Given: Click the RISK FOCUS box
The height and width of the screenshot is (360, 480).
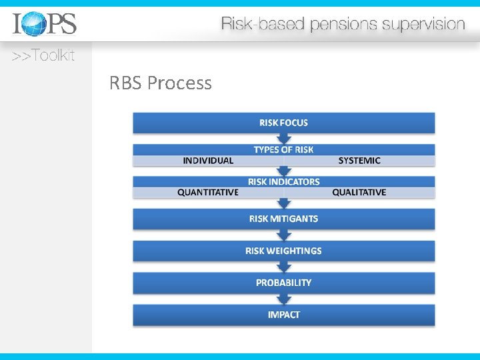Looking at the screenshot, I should click(x=284, y=123).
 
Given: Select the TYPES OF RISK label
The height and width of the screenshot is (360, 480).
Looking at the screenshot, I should click(x=284, y=150).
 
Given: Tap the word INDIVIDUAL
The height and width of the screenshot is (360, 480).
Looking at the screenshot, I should click(x=208, y=161).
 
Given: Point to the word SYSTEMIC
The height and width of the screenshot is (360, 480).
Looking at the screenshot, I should click(x=359, y=161).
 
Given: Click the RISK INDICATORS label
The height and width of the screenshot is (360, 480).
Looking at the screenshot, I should click(x=284, y=181).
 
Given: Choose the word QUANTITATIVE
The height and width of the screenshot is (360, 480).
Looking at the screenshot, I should click(x=208, y=193).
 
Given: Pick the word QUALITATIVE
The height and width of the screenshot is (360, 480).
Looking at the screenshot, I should click(x=359, y=193).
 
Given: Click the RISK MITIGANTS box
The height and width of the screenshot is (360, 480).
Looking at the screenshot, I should click(x=284, y=219).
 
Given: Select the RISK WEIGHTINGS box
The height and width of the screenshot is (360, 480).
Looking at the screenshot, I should click(x=284, y=251).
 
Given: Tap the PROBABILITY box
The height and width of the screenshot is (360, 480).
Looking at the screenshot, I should click(x=284, y=283).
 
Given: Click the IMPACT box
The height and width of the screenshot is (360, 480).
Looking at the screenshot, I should click(x=284, y=315).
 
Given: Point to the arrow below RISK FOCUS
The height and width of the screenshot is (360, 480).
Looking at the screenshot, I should click(x=285, y=138).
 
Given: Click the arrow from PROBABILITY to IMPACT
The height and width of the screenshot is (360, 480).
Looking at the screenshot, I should click(x=285, y=299).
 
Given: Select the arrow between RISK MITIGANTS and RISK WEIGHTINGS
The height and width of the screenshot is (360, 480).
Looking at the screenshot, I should click(x=285, y=235).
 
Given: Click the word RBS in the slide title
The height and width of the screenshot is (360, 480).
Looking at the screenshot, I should click(x=126, y=84).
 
